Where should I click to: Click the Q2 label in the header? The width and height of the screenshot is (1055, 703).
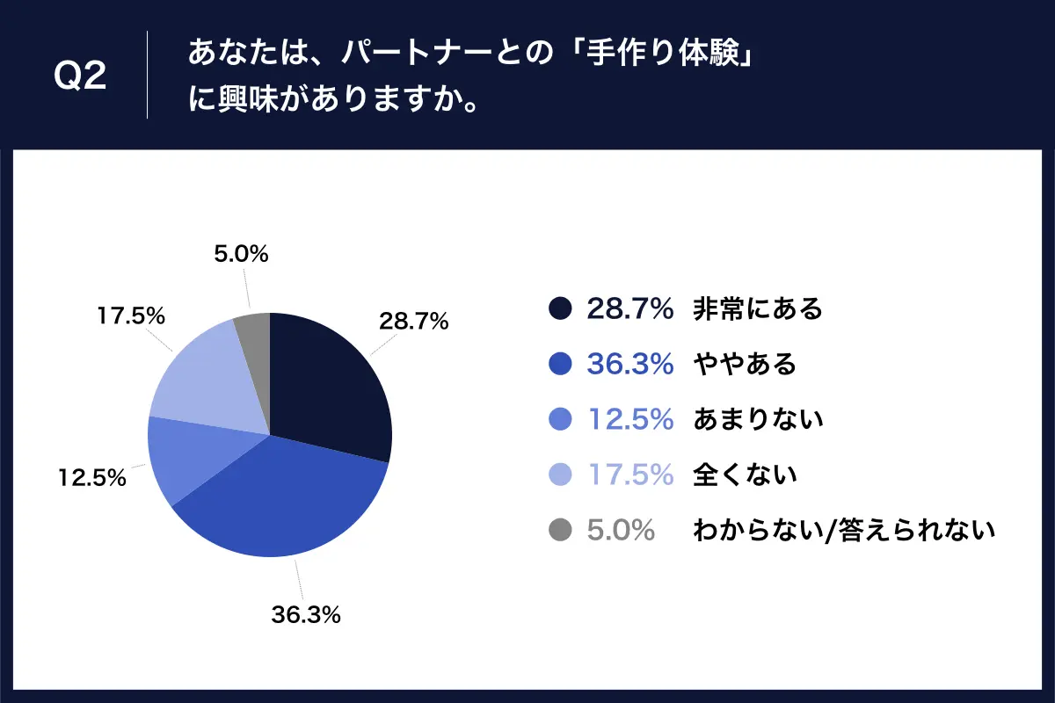coord(80,77)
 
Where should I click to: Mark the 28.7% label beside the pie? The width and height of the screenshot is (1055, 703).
coord(413,321)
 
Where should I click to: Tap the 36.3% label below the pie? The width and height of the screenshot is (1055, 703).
coord(305,615)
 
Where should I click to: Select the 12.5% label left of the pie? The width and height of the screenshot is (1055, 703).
coord(92,479)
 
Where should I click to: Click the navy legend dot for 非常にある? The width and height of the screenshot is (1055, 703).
coord(560,308)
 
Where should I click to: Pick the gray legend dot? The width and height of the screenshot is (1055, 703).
coord(560,530)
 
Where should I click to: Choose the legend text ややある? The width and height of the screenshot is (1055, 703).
coord(744,364)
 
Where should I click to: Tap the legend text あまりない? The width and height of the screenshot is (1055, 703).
coord(758,419)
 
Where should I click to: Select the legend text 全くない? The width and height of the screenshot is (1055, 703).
coord(745,475)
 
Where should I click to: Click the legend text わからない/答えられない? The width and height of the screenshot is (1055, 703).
coord(844,530)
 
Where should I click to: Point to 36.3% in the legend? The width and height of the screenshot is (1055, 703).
coord(629,364)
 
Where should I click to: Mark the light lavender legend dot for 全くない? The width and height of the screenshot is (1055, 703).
coord(560,475)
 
